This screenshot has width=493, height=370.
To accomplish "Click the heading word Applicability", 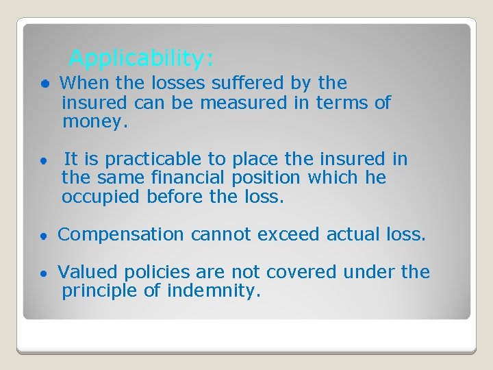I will tap(141, 58).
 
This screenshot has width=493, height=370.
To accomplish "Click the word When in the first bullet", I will tap(79, 84).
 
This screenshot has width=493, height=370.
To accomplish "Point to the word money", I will tap(94, 123).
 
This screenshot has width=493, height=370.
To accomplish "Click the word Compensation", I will tap(121, 235).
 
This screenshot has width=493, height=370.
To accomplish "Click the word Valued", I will tap(84, 273).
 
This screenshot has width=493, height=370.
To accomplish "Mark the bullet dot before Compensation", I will tap(43, 236).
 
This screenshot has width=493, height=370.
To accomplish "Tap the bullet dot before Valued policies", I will tap(43, 273).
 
